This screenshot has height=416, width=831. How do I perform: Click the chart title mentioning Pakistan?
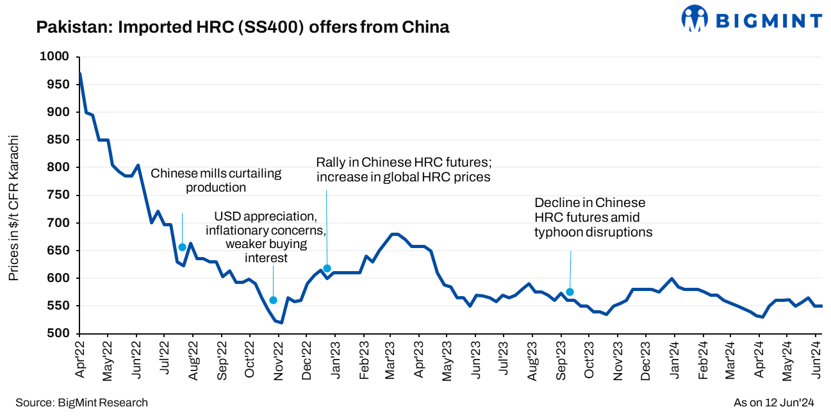coord(243,28)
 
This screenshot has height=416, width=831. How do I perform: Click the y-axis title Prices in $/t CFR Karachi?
coord(13,208)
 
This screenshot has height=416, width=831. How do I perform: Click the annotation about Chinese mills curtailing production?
coord(216,181)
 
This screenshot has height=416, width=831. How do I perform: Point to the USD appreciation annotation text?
coord(266,237)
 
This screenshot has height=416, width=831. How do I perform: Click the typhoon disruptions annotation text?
coord(593,218)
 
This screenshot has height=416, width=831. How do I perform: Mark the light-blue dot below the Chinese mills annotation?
coord(182,247)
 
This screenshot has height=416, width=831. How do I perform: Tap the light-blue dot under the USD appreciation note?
coord(274,300)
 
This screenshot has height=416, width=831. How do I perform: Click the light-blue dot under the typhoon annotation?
coord(570,292)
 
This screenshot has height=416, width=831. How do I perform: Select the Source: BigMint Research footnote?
coord(81,403)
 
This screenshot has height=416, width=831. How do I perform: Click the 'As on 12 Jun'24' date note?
coord(773,403)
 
